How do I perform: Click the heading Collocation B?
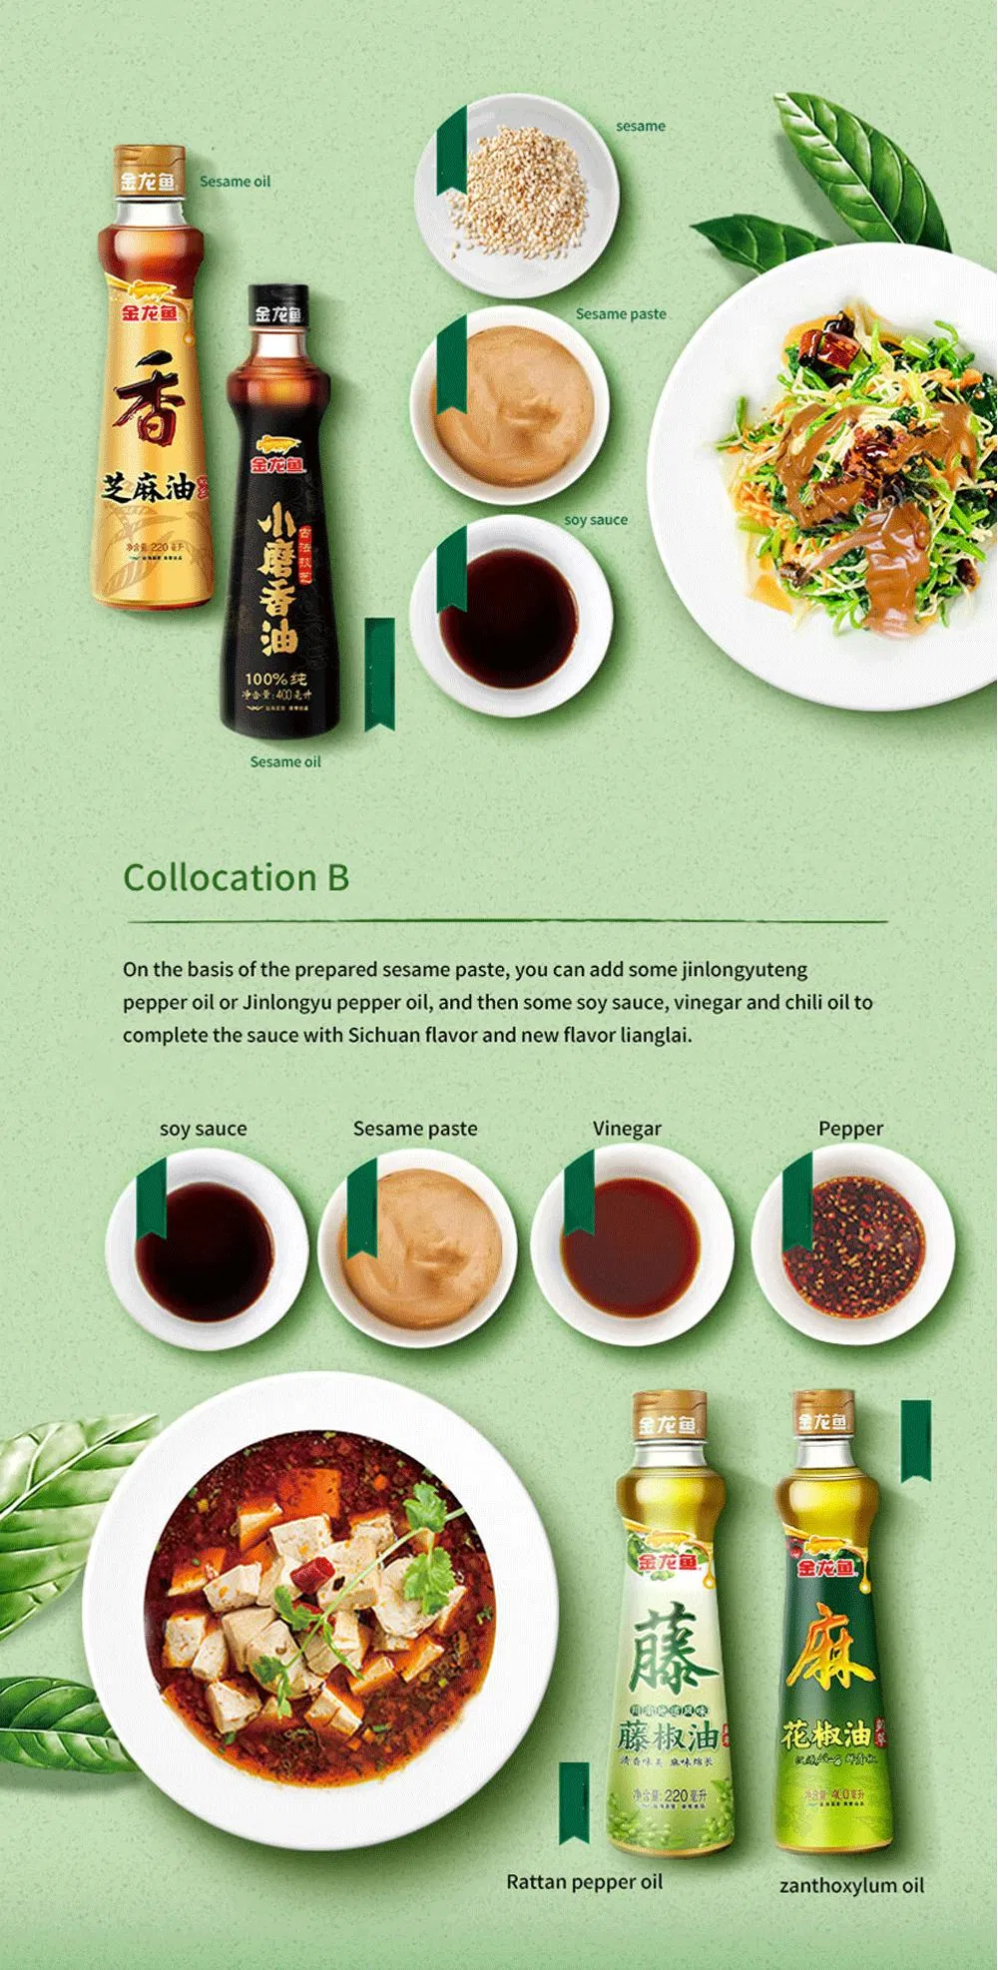click(x=236, y=878)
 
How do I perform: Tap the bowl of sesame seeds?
click(x=516, y=194)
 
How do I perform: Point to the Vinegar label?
click(x=627, y=1129)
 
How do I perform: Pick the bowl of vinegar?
click(x=632, y=1247)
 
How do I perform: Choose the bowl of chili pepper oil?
click(x=853, y=1247)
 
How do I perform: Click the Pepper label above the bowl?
click(x=850, y=1129)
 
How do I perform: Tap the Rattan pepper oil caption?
click(x=584, y=1882)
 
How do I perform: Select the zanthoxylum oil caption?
click(x=851, y=1885)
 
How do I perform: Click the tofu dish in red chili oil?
click(x=319, y=1607)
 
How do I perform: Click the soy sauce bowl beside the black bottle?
click(x=509, y=617)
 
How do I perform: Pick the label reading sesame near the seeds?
click(x=640, y=127)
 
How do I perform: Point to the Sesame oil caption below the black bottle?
click(x=285, y=762)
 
